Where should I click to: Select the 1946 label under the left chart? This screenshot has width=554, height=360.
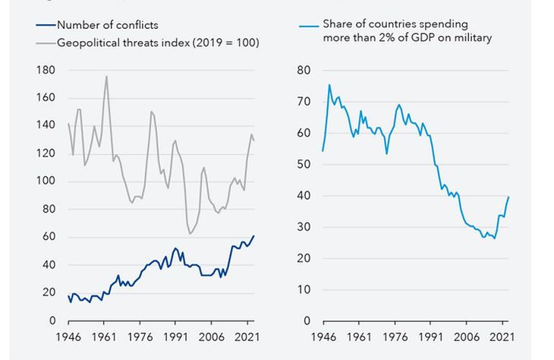point(69,336)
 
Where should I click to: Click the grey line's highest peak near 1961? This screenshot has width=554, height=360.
point(106,76)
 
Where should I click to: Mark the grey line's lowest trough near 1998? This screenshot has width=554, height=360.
point(190,234)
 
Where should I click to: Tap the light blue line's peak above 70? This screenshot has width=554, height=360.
point(329,84)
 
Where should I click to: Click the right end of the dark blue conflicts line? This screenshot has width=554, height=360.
point(254,235)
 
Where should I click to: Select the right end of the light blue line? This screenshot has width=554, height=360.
point(508,197)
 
